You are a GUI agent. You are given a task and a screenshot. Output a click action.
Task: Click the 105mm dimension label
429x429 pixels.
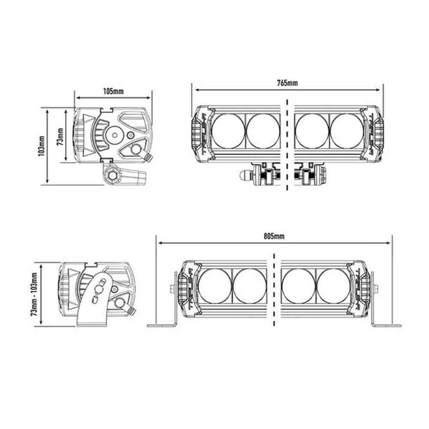pyautogui.click(x=113, y=91)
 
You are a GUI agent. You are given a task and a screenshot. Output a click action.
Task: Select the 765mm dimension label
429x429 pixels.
pyautogui.click(x=287, y=83)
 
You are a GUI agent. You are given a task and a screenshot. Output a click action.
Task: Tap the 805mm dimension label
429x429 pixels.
pyautogui.click(x=275, y=236)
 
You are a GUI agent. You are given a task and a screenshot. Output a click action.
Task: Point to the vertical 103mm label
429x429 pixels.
pyautogui.click(x=41, y=146)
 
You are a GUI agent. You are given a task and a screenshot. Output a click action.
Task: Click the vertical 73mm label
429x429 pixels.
pyautogui.click(x=60, y=137)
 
